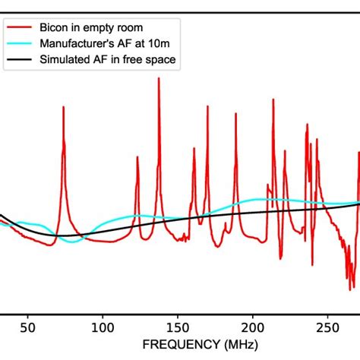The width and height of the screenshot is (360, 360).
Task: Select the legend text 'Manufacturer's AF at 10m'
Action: click(x=102, y=46)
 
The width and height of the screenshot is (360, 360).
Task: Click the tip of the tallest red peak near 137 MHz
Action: click(x=159, y=78)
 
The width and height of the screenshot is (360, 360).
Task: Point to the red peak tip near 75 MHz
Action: click(x=63, y=107)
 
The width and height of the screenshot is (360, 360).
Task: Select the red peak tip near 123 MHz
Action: click(x=137, y=157)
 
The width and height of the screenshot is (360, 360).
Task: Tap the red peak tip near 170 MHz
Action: click(x=207, y=107)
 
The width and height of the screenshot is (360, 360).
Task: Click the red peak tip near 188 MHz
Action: click(x=235, y=123)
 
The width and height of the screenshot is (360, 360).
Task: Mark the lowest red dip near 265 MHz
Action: click(x=352, y=286)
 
